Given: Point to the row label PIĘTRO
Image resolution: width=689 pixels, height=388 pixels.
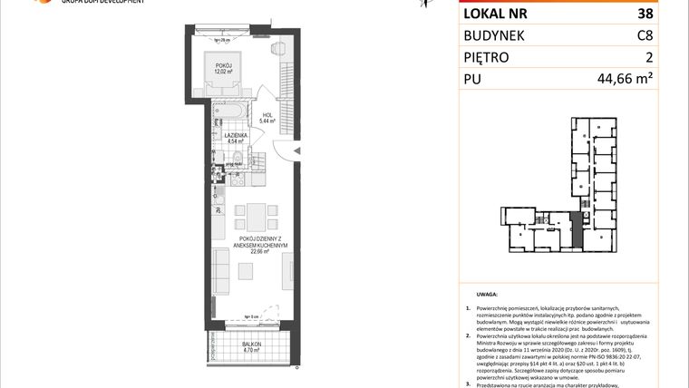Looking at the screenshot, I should click(x=488, y=58).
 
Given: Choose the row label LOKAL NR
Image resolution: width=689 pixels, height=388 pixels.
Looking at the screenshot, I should click(x=496, y=15).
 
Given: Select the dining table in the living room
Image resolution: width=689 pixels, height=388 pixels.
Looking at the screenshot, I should click(x=257, y=218).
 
